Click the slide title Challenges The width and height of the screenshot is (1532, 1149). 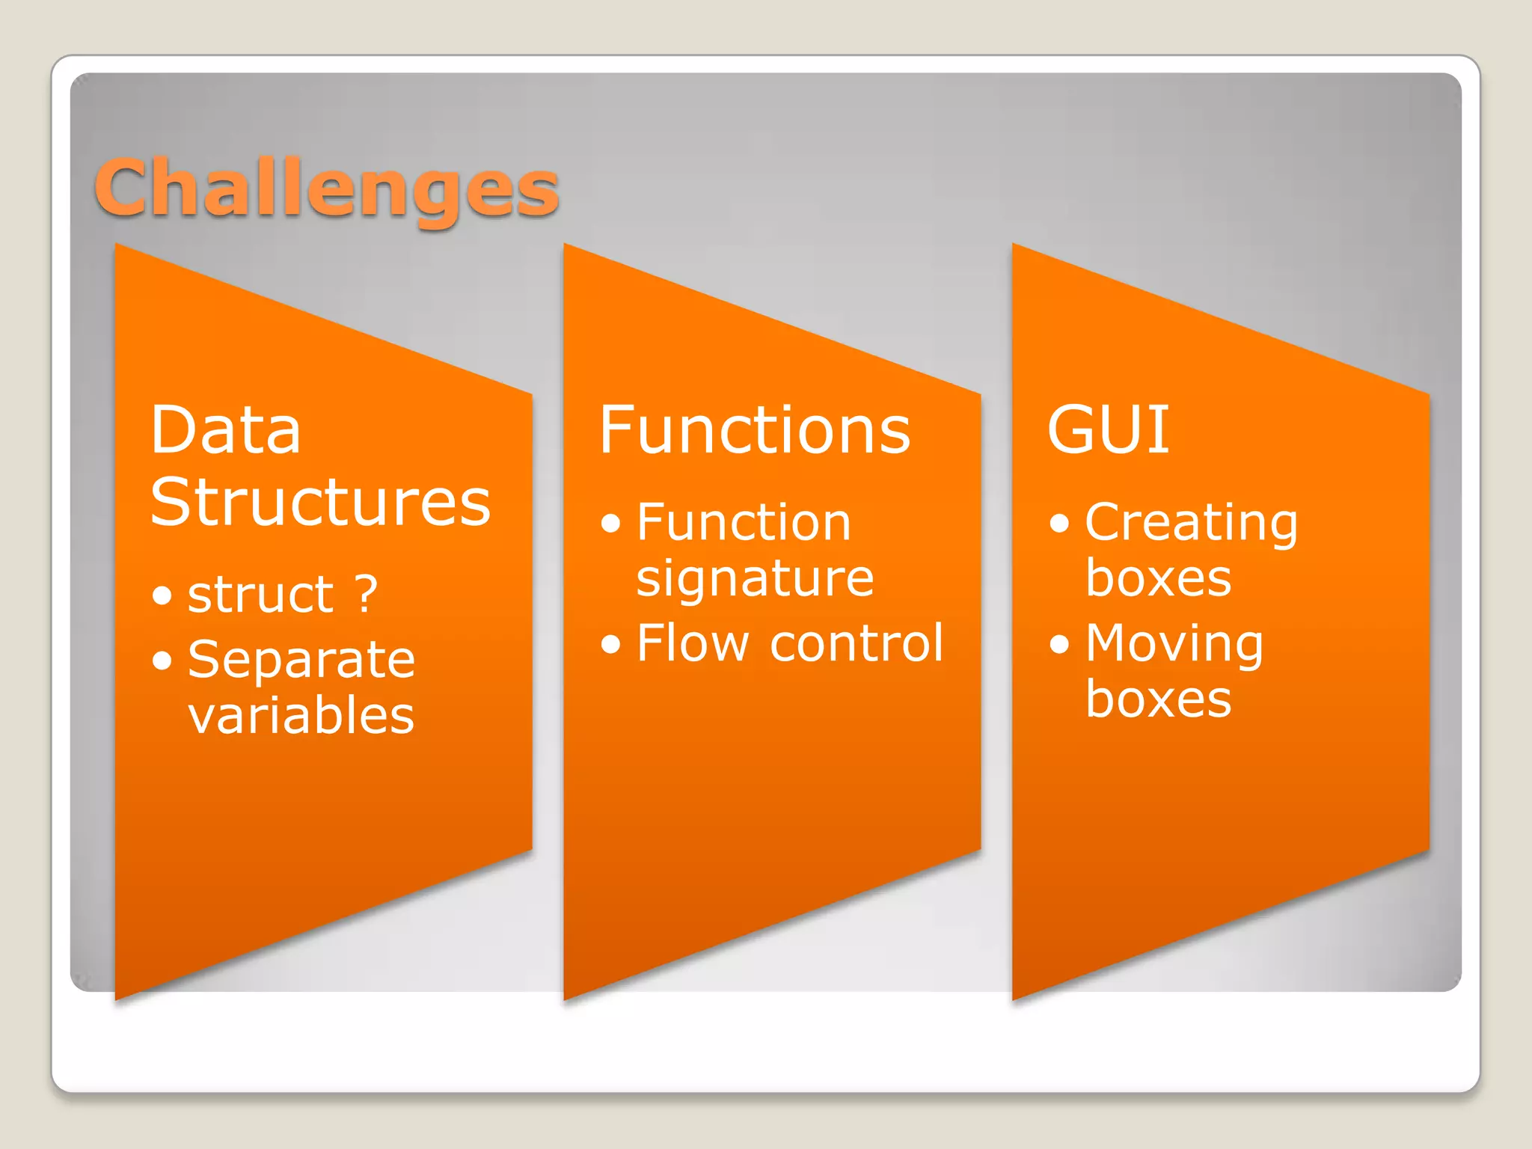(x=327, y=188)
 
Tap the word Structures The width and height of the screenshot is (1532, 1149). (x=320, y=502)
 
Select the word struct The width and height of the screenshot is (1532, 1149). (x=260, y=595)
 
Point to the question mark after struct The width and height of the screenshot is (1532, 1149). (x=366, y=595)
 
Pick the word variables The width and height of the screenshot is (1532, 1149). (x=301, y=716)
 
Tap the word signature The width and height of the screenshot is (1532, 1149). (x=755, y=579)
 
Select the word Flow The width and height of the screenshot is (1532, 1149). (x=692, y=643)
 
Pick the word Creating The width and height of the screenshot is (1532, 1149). (x=1191, y=523)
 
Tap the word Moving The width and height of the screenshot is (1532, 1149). (x=1174, y=644)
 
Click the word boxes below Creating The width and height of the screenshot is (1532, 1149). (x=1158, y=578)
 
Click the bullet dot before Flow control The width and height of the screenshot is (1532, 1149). (x=610, y=644)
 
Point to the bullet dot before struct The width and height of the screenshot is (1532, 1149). (x=162, y=596)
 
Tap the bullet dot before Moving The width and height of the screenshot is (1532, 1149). (x=1059, y=644)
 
